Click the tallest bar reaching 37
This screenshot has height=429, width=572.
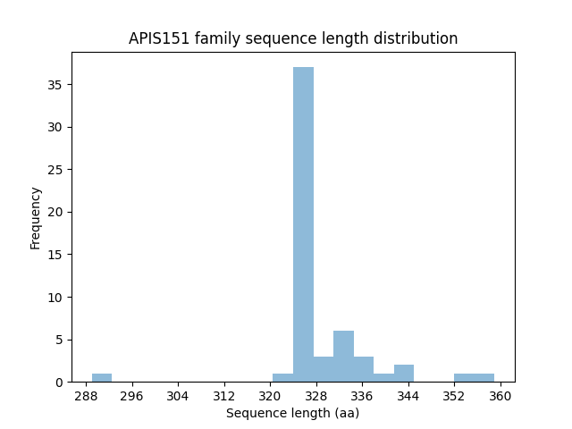coord(303,224)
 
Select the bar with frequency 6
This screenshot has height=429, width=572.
coord(343,357)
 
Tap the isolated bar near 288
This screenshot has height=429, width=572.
coord(102,378)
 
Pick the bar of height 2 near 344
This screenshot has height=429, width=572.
coord(404,374)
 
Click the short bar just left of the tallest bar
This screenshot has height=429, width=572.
coord(282,378)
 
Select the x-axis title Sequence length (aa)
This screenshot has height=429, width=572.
coord(292,413)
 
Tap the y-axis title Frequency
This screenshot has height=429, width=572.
coord(36,217)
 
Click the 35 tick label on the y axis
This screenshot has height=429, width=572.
coord(55,85)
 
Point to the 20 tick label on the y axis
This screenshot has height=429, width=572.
coord(55,212)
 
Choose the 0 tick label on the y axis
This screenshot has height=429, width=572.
coord(58,382)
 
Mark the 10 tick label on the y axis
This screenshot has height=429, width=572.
coord(55,297)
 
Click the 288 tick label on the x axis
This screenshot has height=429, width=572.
coord(86,395)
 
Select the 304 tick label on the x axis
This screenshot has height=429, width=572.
coord(178,395)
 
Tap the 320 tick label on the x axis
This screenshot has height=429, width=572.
coord(270,395)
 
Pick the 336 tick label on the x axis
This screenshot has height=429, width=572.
coord(362,395)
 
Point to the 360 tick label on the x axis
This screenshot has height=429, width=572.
coord(500,395)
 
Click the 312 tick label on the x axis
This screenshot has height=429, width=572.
coord(223,395)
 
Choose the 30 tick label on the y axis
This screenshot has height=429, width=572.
coord(55,127)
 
